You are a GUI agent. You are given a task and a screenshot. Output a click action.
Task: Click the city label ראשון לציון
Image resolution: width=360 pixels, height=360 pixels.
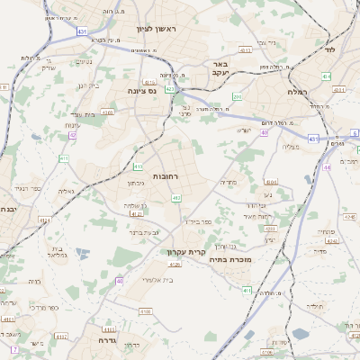160,29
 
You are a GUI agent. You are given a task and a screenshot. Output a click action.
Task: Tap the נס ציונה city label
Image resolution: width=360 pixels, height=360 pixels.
140,91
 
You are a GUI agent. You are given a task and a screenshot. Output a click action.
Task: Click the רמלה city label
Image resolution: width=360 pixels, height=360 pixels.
297,92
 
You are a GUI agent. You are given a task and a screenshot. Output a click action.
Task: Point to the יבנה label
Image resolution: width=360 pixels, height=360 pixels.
7,209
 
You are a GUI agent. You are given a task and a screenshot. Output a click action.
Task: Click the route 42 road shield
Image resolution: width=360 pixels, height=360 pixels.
72,135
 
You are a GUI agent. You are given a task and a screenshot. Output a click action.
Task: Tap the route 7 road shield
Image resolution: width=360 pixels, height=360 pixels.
13,349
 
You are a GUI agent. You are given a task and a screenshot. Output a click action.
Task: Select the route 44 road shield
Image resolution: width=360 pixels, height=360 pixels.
327,167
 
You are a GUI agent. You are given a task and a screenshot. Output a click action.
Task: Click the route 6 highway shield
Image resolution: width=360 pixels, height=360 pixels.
355,132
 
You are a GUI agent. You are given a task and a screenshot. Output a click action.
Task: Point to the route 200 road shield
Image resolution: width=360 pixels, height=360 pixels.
237,96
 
